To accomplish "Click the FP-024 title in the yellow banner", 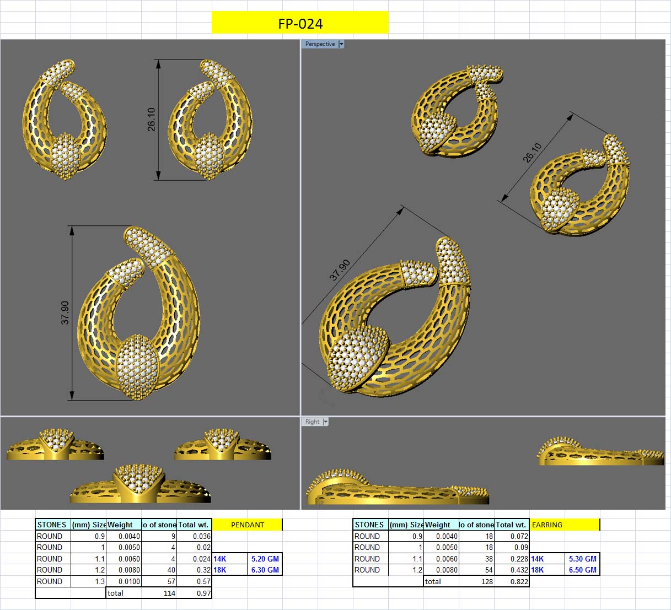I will pos(300,24).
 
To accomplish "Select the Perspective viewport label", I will pos(320,44).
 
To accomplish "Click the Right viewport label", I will pos(312,422).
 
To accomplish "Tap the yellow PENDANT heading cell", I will pos(247,525).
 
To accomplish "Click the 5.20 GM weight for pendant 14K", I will pos(265,559).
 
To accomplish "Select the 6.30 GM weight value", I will pos(265,570).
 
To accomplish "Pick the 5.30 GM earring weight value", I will pos(582,559).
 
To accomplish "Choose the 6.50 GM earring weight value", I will pos(582,570).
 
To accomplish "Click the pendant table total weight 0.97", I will pos(203,593).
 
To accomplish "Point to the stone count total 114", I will pos(169,593).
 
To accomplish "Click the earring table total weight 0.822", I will pos(518,581).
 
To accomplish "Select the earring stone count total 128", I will pos(487,581).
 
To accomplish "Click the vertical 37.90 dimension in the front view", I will pos(65,312).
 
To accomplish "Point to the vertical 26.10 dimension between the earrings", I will pos(152,119).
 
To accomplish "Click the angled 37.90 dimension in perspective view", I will pos(340,270).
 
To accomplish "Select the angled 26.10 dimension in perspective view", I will pos(533,153).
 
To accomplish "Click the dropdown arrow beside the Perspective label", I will pos(341,44).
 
